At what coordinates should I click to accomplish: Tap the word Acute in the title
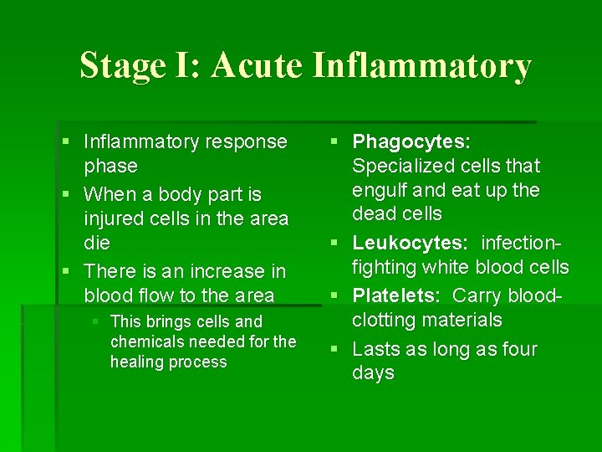257,66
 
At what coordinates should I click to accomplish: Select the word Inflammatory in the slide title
421,66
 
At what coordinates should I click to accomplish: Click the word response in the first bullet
248,142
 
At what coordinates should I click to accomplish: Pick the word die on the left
97,244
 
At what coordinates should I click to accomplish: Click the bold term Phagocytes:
411,142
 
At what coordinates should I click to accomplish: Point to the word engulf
379,190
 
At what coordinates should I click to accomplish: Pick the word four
518,349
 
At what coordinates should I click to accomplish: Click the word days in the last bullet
373,373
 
